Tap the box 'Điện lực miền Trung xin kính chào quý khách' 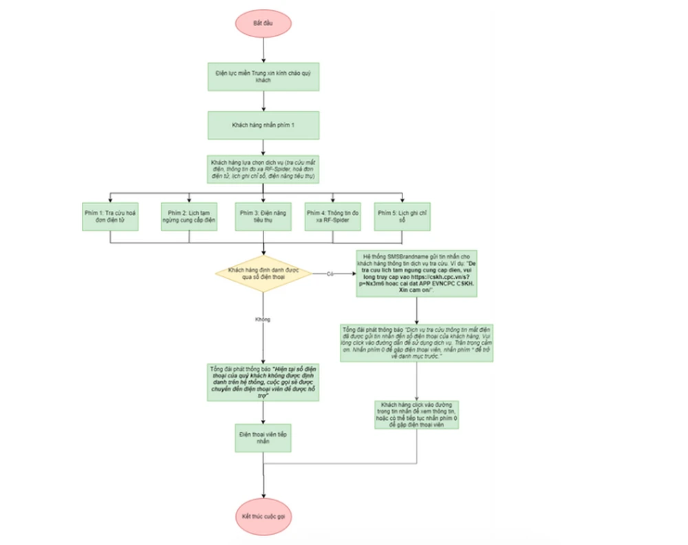264,76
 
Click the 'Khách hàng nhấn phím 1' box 264,125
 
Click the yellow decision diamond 264,274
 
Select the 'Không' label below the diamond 263,320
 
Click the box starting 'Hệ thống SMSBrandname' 417,273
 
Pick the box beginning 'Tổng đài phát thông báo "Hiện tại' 264,381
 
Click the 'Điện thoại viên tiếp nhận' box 264,438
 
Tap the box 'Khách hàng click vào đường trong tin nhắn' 417,415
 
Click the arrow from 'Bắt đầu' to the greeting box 264,48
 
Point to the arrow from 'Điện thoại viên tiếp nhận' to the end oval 264,474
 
